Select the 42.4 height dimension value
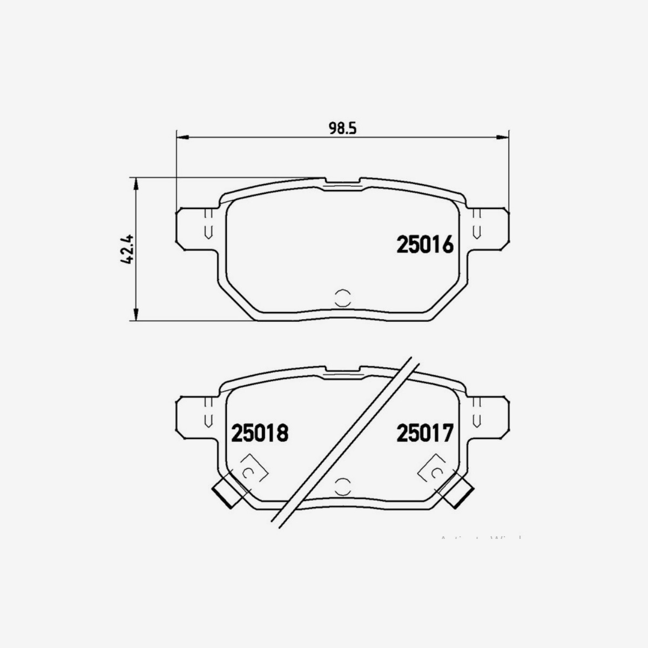tap(128, 249)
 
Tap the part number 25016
tap(424, 245)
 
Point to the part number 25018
tap(260, 433)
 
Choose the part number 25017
tap(424, 433)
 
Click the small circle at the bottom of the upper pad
tap(342, 297)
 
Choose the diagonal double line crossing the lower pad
tap(346, 443)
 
